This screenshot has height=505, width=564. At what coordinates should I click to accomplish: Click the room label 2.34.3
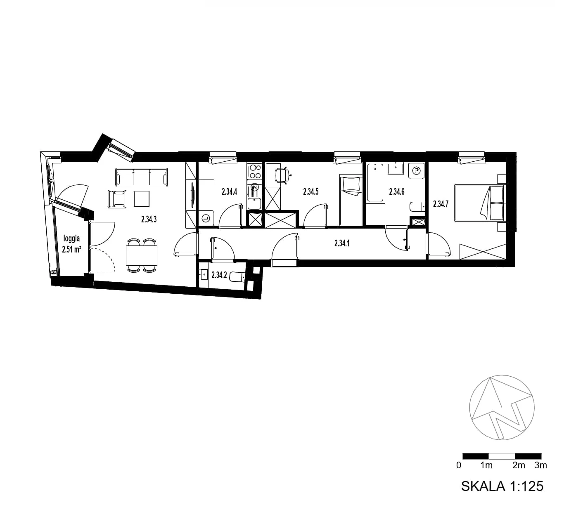pyautogui.click(x=149, y=219)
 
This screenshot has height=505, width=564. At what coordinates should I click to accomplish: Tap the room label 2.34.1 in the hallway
pyautogui.click(x=342, y=243)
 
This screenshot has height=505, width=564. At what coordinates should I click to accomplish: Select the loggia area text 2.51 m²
pyautogui.click(x=71, y=249)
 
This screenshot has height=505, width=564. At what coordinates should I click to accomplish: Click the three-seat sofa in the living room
pyautogui.click(x=142, y=177)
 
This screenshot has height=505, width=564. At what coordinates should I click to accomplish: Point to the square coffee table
pyautogui.click(x=142, y=199)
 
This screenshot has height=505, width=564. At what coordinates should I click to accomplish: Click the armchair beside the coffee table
pyautogui.click(x=117, y=199)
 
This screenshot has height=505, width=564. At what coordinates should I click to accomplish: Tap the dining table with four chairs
pyautogui.click(x=142, y=255)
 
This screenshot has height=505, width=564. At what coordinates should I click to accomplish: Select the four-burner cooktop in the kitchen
pyautogui.click(x=254, y=171)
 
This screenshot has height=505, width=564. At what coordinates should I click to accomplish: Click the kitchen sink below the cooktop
pyautogui.click(x=254, y=203)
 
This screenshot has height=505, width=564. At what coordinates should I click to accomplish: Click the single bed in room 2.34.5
pyautogui.click(x=351, y=200)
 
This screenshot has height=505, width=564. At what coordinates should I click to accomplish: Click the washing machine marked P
pyautogui.click(x=416, y=170)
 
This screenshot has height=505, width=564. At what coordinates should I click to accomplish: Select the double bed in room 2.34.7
pyautogui.click(x=480, y=203)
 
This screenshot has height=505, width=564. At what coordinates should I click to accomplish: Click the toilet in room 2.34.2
pyautogui.click(x=237, y=277)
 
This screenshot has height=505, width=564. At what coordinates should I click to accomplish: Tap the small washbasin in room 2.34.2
pyautogui.click(x=204, y=274)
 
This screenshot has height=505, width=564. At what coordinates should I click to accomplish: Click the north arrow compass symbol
pyautogui.click(x=502, y=408)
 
